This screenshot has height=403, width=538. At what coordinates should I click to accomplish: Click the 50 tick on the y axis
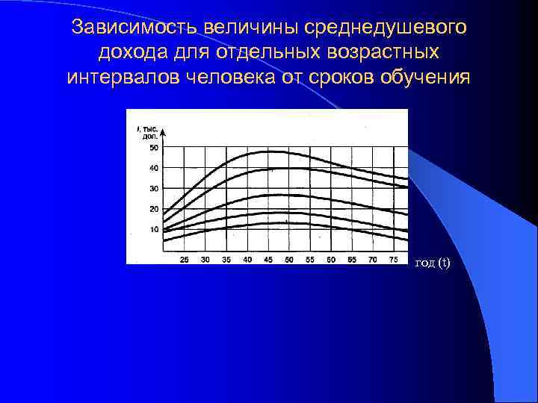tap(154, 148)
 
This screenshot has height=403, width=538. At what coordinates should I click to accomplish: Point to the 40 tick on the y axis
tap(154, 168)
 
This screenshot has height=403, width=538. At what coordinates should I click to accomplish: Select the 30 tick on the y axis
tap(154, 188)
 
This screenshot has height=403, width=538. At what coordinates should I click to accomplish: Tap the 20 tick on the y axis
tap(154, 208)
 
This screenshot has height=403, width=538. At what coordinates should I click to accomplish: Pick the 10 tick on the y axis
tap(154, 228)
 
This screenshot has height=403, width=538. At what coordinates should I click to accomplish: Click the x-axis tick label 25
tap(185, 259)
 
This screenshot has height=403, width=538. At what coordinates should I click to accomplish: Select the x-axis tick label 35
tap(226, 259)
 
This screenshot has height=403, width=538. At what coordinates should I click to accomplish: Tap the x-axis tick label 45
tap(268, 259)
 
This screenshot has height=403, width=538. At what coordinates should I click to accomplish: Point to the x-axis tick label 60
tap(330, 259)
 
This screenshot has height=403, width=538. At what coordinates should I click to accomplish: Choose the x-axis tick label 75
tap(392, 259)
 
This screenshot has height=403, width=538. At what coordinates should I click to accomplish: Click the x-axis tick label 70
tap(372, 259)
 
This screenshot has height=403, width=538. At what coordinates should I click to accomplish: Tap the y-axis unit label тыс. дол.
tap(149, 133)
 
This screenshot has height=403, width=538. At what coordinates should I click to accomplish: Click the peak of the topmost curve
tap(269, 151)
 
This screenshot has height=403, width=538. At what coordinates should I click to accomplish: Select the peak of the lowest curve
tap(269, 223)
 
